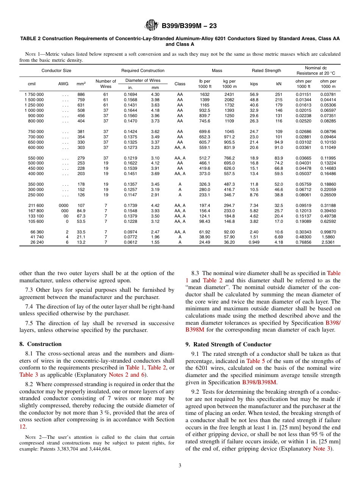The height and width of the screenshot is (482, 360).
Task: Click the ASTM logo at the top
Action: click(x=152, y=26)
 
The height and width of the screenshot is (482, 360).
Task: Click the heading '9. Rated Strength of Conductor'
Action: click(x=228, y=344)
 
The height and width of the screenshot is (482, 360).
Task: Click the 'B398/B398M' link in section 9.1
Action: click(x=259, y=382)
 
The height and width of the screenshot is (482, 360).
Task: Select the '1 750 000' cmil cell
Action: click(x=34, y=94)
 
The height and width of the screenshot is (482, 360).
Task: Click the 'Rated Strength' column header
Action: click(x=266, y=70)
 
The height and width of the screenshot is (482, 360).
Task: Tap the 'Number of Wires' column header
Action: click(x=106, y=84)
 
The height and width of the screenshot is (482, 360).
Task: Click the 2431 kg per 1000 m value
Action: click(x=229, y=94)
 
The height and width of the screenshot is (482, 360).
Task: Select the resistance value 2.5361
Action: click(x=328, y=243)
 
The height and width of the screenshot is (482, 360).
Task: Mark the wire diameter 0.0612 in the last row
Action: click(x=130, y=243)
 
